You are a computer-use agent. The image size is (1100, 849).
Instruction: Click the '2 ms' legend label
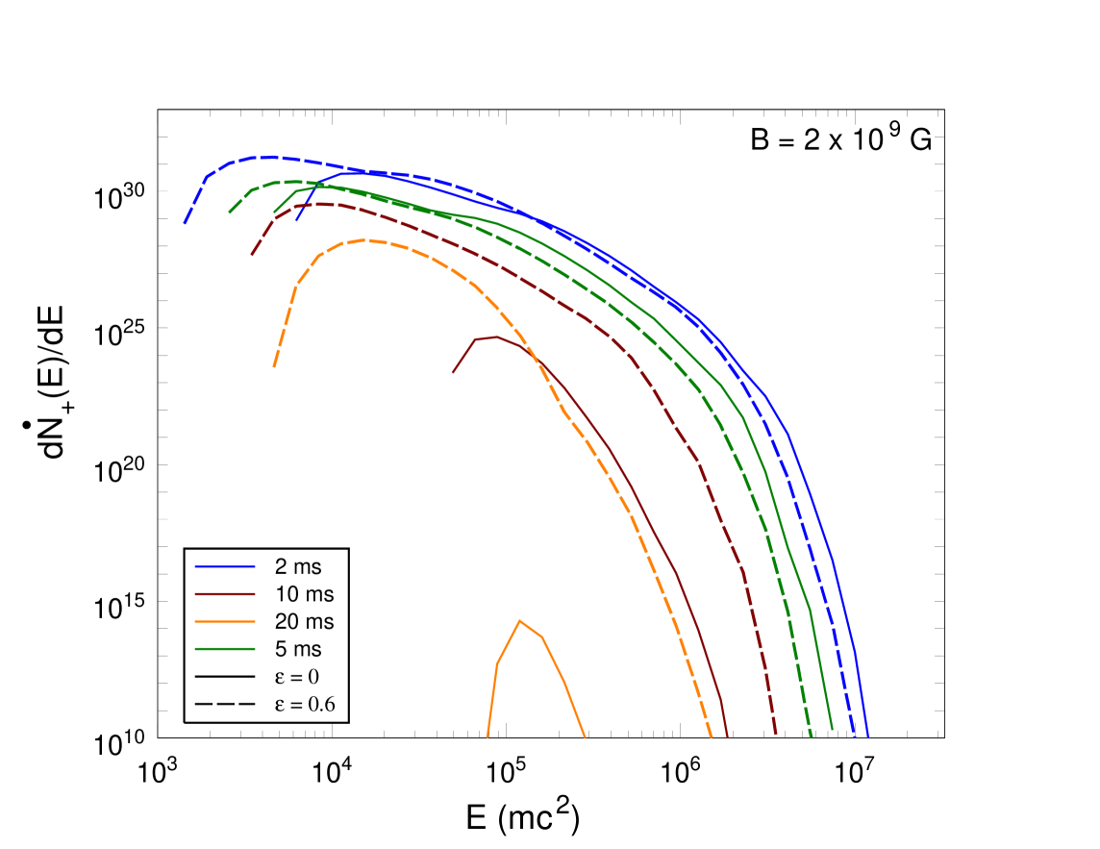tap(298, 566)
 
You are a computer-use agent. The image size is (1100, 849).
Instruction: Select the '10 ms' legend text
tap(304, 594)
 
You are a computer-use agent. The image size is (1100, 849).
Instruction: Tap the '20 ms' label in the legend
tap(304, 622)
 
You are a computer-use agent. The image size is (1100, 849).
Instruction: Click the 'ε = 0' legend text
tap(304, 677)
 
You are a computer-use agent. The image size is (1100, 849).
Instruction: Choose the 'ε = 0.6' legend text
tap(305, 705)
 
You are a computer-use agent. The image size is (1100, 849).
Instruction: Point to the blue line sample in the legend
tap(225, 566)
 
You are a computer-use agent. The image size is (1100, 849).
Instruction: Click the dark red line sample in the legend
tap(225, 594)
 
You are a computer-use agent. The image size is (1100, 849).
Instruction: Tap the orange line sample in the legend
tap(225, 622)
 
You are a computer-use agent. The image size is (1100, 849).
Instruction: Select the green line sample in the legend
tap(225, 650)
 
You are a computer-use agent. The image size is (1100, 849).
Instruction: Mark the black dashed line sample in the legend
tap(225, 705)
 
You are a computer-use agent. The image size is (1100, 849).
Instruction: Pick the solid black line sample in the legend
tap(225, 677)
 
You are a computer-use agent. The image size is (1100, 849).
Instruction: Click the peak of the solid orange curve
tap(520, 620)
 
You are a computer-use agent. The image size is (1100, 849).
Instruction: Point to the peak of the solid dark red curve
tap(495, 337)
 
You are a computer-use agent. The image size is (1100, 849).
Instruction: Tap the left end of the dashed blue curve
tap(184, 223)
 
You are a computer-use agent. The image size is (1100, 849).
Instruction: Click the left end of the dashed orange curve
tap(274, 366)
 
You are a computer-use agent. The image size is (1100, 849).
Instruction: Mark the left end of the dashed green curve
tap(229, 212)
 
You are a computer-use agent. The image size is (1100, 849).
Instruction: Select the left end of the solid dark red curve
tap(453, 372)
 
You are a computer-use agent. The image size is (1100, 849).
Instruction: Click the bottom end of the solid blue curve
tap(868, 737)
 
